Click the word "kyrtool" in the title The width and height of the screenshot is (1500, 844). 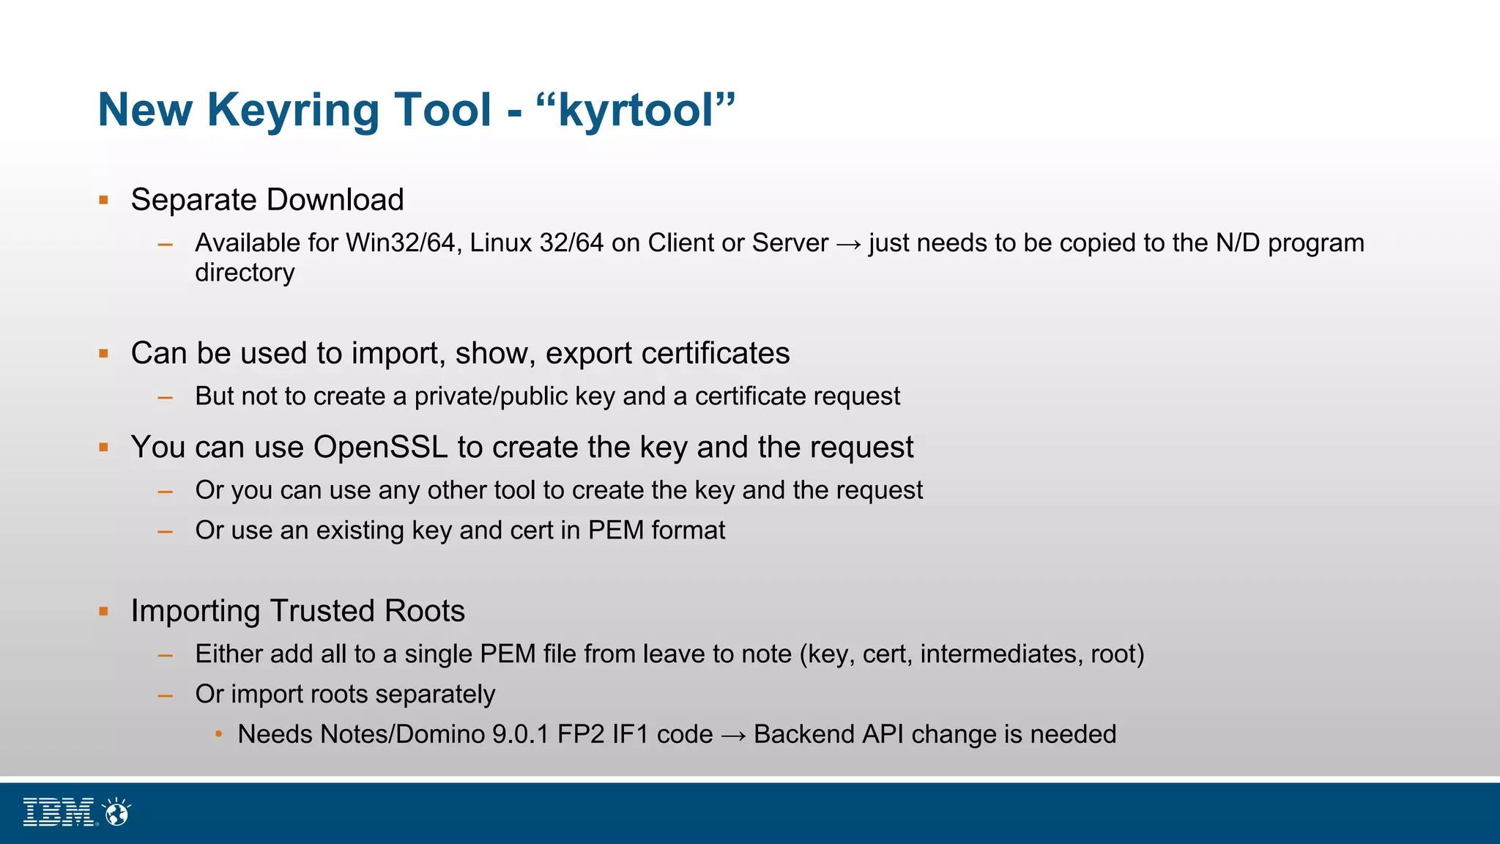click(x=635, y=111)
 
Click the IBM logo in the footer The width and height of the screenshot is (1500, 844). click(x=59, y=812)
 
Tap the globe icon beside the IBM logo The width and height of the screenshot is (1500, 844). click(x=116, y=812)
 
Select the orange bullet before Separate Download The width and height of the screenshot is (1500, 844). click(x=104, y=200)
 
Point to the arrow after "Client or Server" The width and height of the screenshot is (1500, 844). click(x=848, y=244)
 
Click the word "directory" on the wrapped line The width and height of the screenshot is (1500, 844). click(x=245, y=273)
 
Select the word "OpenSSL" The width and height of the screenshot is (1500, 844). click(x=380, y=447)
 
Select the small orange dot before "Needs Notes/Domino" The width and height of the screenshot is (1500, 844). click(x=218, y=734)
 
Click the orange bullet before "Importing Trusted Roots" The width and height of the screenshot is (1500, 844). click(x=104, y=611)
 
